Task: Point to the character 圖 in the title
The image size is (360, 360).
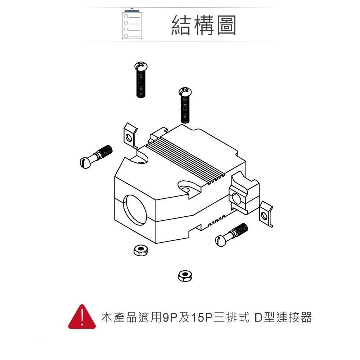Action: pyautogui.click(x=225, y=25)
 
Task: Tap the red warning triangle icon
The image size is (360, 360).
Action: pyautogui.click(x=82, y=318)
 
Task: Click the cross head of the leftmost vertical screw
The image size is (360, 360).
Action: pyautogui.click(x=140, y=66)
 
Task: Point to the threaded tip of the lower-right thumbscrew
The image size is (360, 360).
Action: pyautogui.click(x=241, y=229)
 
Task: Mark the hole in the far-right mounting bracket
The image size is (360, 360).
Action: pyautogui.click(x=265, y=216)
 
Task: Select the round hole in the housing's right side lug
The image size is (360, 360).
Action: pyautogui.click(x=236, y=198)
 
